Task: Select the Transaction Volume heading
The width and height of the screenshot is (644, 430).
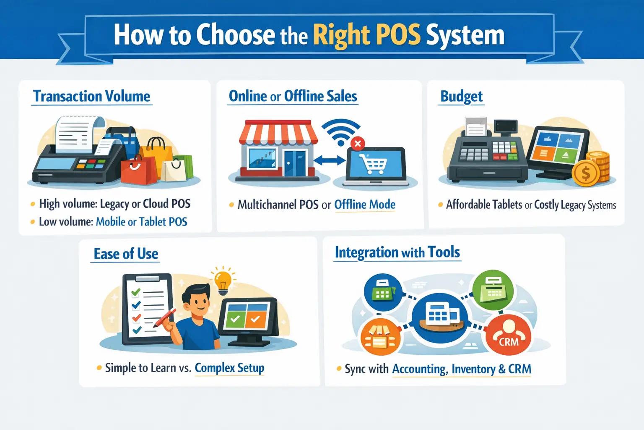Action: tap(91, 96)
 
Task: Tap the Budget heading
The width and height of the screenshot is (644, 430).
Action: tap(461, 96)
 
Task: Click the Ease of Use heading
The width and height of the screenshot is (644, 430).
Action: tap(126, 254)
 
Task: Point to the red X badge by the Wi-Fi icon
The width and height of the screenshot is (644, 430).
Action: tap(358, 144)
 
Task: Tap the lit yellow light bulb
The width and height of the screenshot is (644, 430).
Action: tap(223, 282)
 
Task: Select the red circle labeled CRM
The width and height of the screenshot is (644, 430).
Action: tap(508, 335)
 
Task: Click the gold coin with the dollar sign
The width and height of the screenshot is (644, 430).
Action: tap(585, 173)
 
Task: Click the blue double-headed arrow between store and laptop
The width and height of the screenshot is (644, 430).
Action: tap(330, 160)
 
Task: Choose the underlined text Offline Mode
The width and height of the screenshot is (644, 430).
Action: tap(364, 205)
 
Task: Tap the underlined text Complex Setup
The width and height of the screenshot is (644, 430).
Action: tap(229, 368)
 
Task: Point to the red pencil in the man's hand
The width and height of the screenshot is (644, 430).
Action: tap(165, 318)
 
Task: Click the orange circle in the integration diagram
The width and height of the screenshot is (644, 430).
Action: tap(381, 337)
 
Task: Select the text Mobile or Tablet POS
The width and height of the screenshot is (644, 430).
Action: tap(141, 222)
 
